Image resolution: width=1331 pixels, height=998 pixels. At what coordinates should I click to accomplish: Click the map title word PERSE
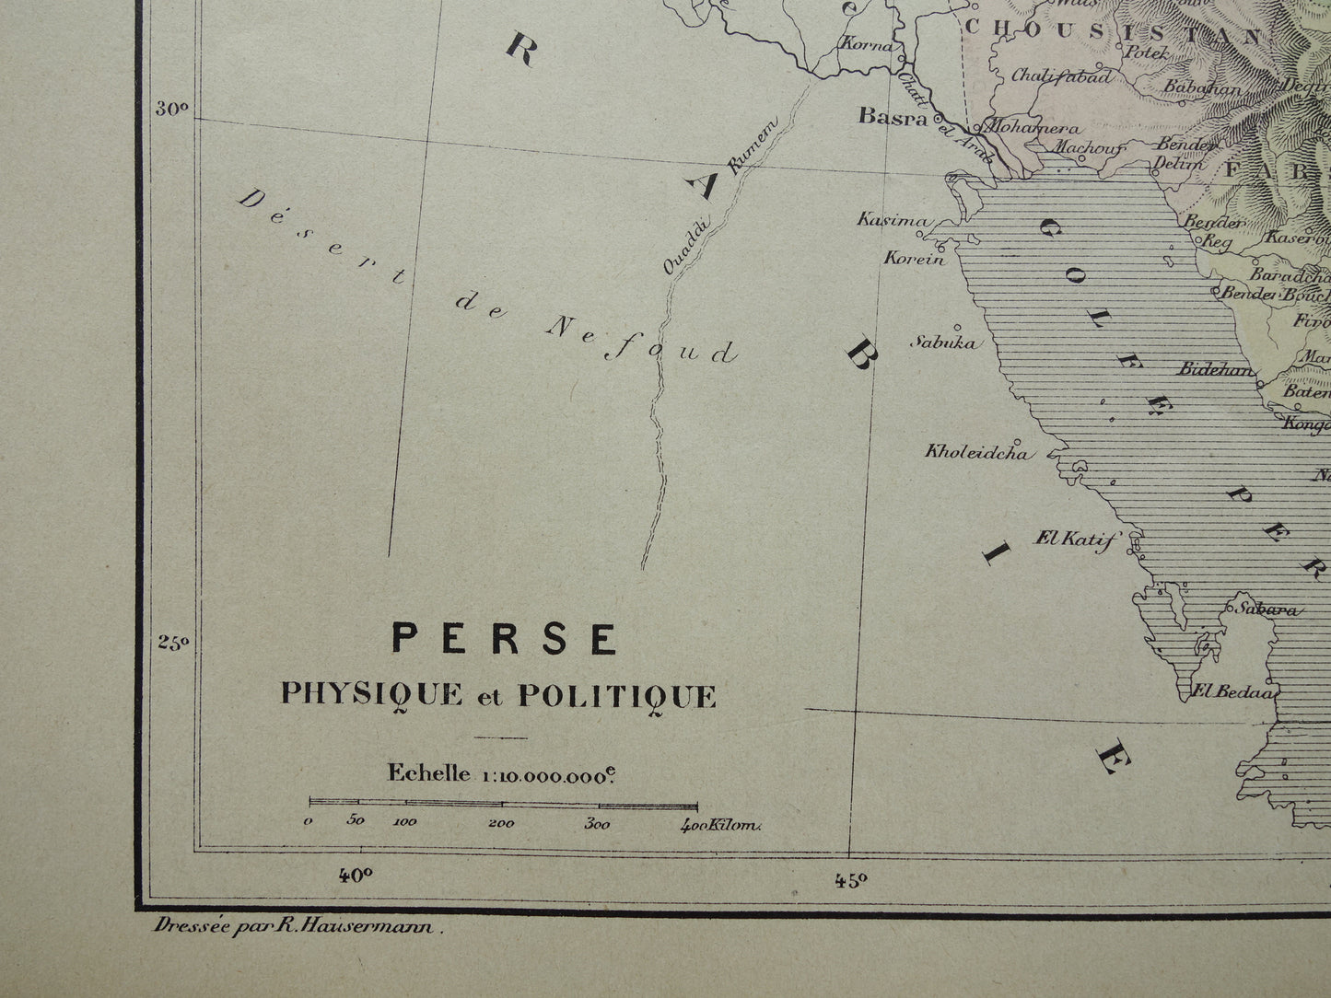point(505,639)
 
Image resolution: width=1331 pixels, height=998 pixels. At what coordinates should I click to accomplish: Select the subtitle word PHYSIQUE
point(371,695)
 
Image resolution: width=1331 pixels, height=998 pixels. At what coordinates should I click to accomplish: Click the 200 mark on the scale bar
point(501,823)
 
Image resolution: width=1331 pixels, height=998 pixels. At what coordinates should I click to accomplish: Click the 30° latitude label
point(171,109)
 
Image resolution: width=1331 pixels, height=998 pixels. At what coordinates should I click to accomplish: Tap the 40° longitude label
point(355,876)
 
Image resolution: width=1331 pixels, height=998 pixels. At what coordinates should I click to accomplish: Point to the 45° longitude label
point(851,881)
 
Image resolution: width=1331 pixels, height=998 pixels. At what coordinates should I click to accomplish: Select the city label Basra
point(893,116)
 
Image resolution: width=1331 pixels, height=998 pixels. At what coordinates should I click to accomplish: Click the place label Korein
point(914,259)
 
